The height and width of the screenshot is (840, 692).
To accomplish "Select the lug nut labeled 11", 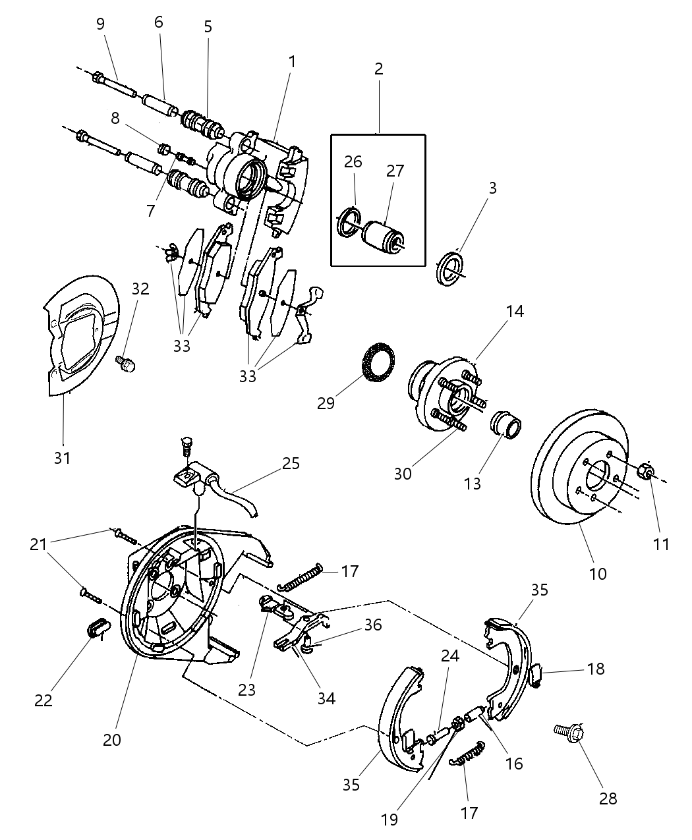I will (647, 472).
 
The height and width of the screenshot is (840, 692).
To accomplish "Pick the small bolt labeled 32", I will (125, 363).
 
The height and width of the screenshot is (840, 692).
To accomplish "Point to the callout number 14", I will (515, 311).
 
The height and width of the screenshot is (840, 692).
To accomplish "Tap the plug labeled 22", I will (98, 629).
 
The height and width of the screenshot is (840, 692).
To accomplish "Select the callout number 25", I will (290, 463).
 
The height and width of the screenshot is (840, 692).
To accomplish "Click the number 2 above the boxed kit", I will (378, 69).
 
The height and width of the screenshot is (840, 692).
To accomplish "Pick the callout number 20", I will (112, 740).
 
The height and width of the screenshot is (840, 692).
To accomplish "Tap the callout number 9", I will (100, 24).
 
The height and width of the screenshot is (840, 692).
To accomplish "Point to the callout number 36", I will (372, 625).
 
